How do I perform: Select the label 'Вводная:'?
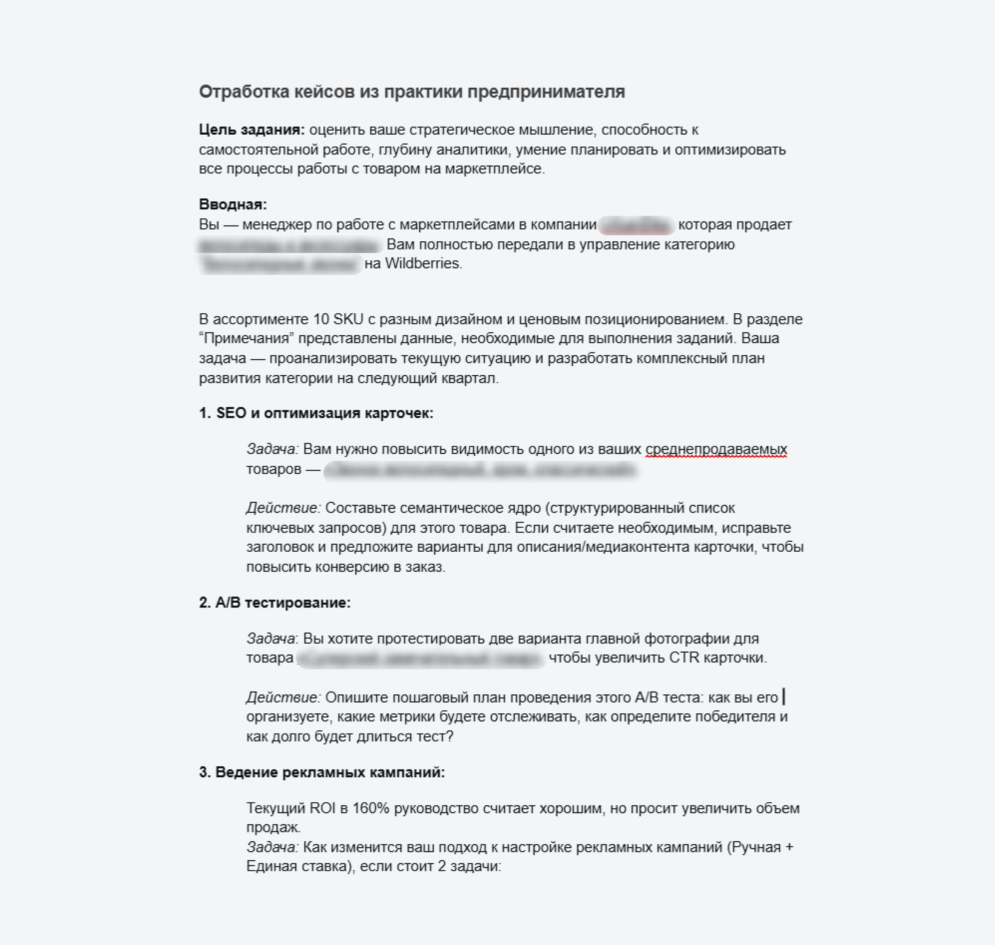(x=233, y=204)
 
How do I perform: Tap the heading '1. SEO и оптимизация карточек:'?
(x=316, y=413)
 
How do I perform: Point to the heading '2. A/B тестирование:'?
(x=274, y=603)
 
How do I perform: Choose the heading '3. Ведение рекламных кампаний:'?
(x=322, y=772)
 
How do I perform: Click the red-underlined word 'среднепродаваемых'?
(x=716, y=449)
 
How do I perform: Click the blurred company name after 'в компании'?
(x=637, y=225)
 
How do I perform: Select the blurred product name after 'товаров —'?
(x=481, y=470)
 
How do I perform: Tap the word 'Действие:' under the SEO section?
(x=283, y=508)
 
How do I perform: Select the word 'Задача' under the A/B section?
(x=270, y=638)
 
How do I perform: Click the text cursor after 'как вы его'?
(x=784, y=697)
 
